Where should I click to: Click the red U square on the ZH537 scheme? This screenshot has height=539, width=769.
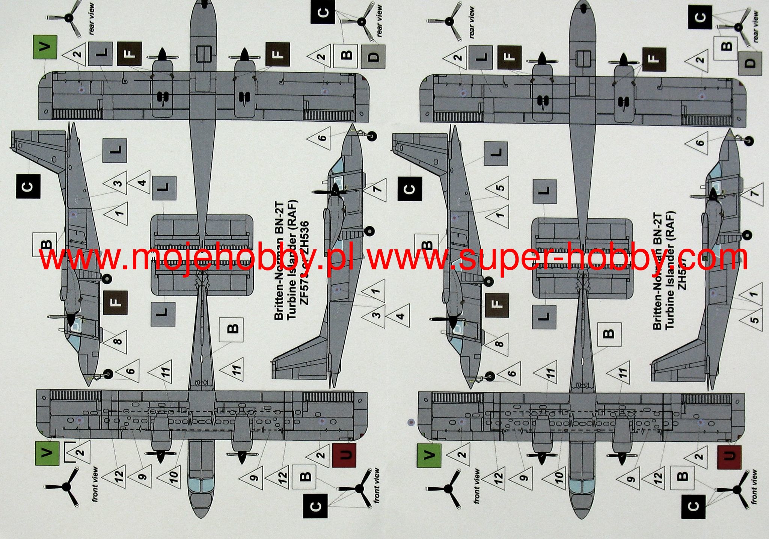[x=729, y=457]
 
